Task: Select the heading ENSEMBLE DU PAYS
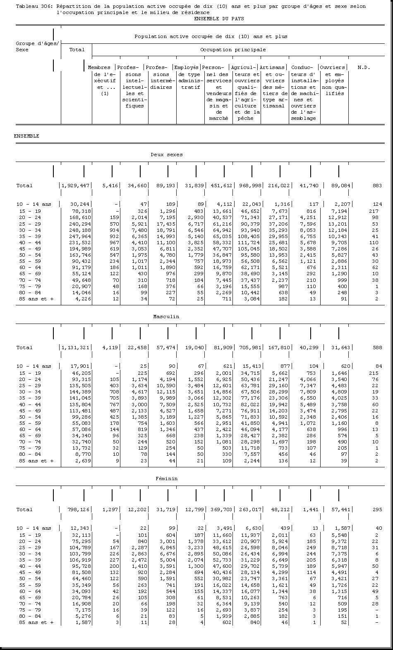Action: [x=218, y=19]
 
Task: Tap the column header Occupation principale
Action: [x=233, y=50]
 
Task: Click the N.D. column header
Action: [x=364, y=67]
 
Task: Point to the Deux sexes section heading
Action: [x=166, y=155]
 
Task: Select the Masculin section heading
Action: [x=166, y=317]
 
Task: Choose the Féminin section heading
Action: [x=166, y=479]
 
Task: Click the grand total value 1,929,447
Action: [x=76, y=186]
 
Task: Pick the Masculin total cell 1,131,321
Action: [x=76, y=348]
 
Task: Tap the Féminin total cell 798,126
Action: [x=79, y=510]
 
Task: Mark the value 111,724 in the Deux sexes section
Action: [x=248, y=243]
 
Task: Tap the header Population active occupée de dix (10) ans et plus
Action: [x=211, y=36]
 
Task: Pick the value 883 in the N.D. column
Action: [x=377, y=186]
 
